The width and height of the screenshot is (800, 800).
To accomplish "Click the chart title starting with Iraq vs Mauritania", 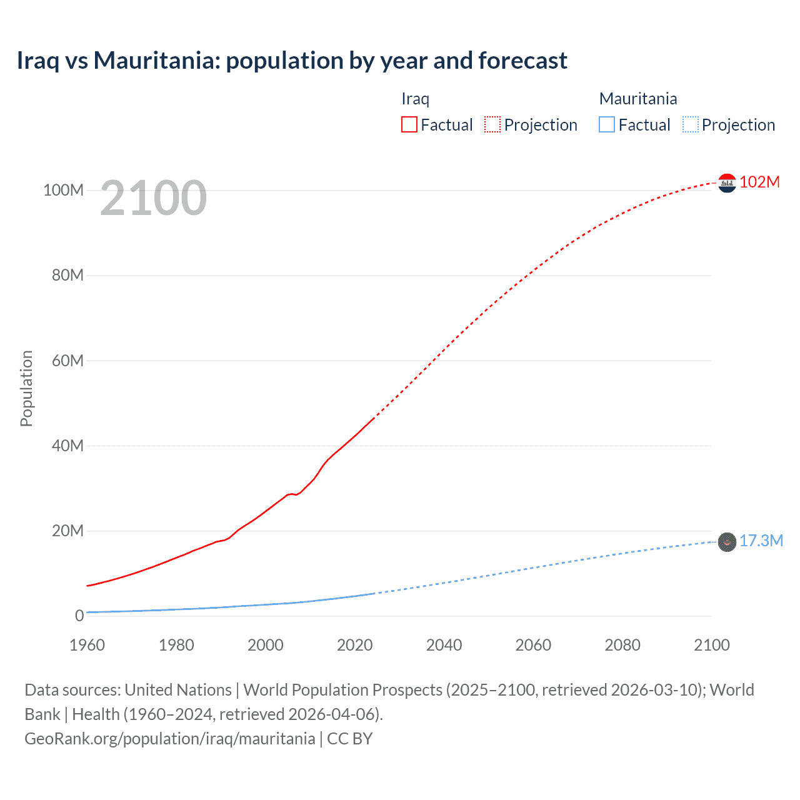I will [292, 61].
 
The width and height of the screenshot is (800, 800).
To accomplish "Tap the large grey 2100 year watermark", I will [153, 198].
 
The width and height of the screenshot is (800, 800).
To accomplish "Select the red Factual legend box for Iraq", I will [409, 124].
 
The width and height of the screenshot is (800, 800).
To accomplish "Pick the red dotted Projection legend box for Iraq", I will [492, 124].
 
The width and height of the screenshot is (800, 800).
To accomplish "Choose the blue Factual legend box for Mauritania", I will [606, 124].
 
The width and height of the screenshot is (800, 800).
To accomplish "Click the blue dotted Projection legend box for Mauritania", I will [690, 124].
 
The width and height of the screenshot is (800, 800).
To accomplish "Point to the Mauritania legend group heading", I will [637, 99].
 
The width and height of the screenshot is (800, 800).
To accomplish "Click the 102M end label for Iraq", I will [759, 182].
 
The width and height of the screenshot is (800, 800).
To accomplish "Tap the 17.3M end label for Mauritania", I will [761, 541].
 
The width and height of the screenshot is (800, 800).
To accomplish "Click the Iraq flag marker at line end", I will [727, 183].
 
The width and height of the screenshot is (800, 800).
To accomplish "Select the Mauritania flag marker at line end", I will [727, 542].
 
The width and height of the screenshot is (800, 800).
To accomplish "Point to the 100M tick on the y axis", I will [63, 190].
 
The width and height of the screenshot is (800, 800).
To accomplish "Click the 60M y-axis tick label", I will [67, 361].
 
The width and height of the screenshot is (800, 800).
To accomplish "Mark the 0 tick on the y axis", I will [79, 616].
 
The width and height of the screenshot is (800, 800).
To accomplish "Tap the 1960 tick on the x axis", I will [87, 645].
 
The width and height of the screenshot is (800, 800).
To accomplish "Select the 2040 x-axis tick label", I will [444, 645].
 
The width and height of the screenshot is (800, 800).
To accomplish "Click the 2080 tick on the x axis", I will [622, 645].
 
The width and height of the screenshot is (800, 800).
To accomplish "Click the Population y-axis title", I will [26, 388].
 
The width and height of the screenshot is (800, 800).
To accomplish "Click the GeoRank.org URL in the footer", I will [169, 739].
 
